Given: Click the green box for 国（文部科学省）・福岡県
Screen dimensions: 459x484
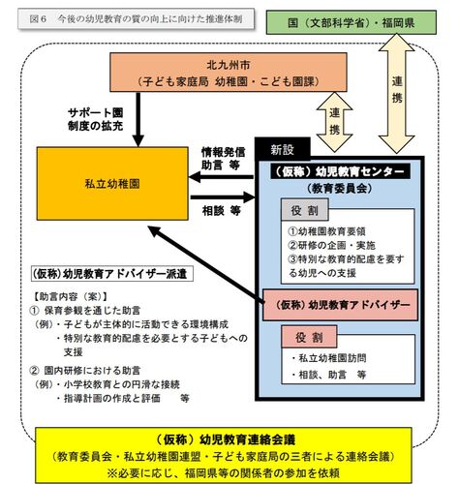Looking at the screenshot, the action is [352, 22].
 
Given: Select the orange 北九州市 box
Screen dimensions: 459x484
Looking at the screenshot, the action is [229, 73].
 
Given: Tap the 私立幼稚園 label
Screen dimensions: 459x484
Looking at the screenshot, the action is [112, 184].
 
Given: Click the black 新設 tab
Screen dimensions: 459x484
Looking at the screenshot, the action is [283, 149].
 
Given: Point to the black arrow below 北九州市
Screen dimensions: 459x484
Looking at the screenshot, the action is [138, 119].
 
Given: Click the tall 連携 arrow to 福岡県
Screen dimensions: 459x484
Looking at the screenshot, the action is [396, 94].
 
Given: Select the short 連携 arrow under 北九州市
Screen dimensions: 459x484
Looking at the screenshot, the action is [334, 122].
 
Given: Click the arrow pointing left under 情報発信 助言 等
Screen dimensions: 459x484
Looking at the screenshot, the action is [222, 177].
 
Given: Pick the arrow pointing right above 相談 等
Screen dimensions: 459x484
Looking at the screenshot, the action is [223, 197].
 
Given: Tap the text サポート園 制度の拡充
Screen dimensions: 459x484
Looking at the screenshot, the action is [96, 119].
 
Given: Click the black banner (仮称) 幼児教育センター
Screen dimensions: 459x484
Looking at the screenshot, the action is [341, 171].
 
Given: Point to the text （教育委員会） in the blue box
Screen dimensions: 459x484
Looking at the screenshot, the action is [340, 188].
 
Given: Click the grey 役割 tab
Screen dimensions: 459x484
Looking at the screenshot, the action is [305, 210].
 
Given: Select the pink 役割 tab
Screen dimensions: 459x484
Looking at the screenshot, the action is [309, 337].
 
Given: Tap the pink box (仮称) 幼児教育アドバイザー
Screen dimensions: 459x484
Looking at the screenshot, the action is [340, 305].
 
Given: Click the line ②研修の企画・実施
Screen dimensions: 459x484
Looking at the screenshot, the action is [332, 245].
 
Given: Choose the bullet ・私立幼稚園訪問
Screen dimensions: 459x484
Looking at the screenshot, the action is [328, 358].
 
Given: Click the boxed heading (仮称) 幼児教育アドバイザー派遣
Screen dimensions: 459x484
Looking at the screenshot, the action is [112, 274].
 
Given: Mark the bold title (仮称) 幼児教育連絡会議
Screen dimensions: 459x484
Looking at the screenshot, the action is [225, 439].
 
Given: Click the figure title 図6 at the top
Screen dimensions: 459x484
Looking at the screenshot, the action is [38, 19].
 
